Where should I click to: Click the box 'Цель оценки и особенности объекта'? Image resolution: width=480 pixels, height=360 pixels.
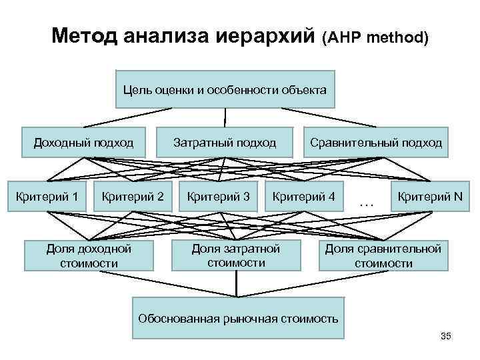coord(225,89)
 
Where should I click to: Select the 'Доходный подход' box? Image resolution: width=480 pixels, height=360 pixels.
coord(84,142)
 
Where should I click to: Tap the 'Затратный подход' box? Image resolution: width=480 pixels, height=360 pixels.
coord(225,142)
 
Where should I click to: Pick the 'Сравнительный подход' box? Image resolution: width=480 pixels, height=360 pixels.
coord(375,142)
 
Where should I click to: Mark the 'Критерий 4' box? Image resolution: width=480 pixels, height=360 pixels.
coord(304,197)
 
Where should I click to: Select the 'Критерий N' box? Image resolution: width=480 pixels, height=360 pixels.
coord(429,197)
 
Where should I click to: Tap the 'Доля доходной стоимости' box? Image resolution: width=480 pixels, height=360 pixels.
coord(89,256)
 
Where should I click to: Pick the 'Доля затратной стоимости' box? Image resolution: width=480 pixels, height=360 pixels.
coord(236,255)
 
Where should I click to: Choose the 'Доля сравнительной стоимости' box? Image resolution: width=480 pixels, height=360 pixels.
coord(383,256)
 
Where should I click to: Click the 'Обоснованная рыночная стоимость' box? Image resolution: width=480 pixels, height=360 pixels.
coord(238,317)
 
